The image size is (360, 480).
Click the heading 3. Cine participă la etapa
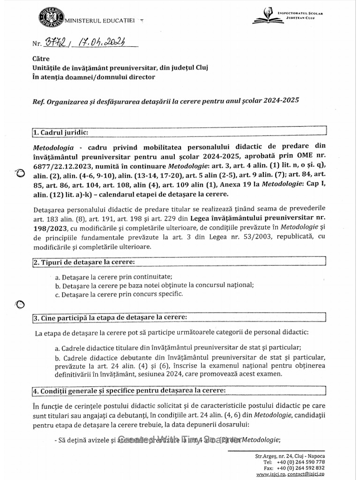click(110, 317)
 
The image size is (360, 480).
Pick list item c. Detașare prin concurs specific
click(118, 294)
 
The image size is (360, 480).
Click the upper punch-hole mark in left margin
click(20, 173)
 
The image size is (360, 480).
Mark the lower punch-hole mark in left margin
click(20, 305)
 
